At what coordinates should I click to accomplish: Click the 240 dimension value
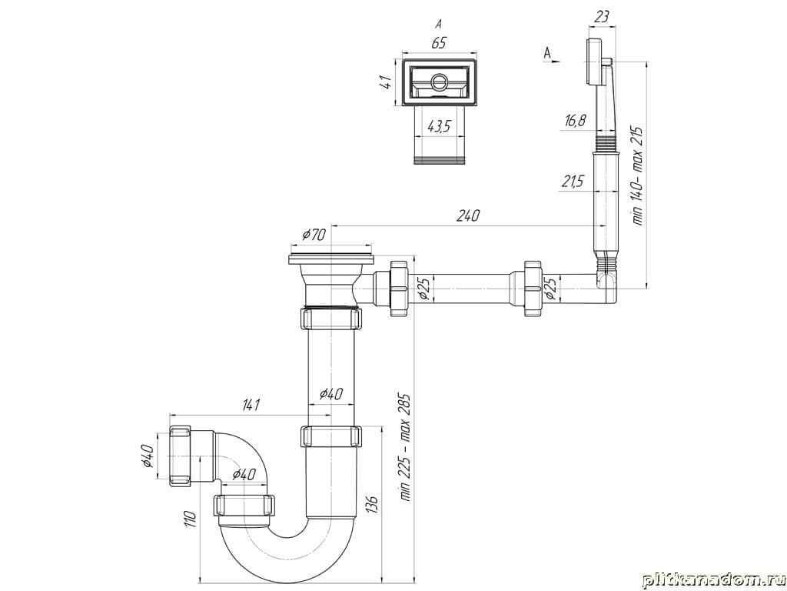[468, 215]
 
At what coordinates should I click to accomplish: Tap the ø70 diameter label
[314, 235]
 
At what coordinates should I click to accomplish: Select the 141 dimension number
[251, 405]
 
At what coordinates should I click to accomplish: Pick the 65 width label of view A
[438, 43]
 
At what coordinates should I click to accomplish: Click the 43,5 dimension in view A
[439, 127]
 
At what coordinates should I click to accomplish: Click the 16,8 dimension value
[575, 122]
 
